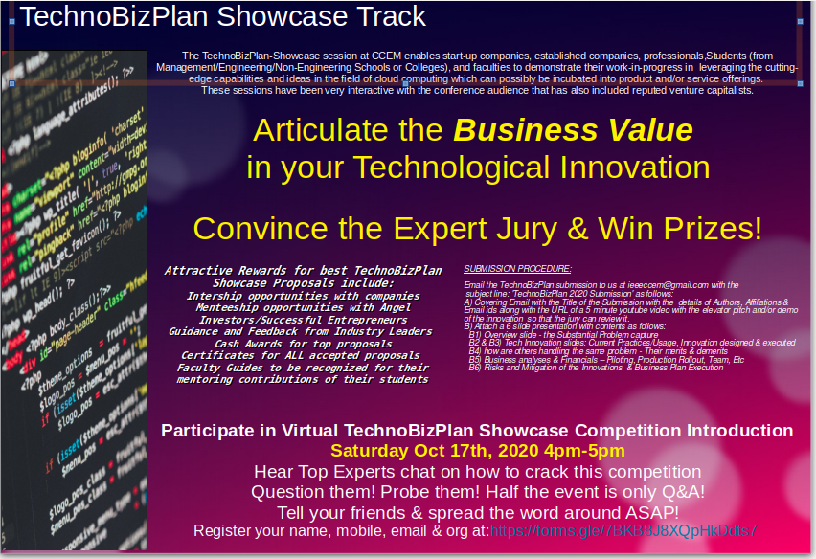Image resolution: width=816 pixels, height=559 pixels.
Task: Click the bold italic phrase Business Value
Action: (573, 130)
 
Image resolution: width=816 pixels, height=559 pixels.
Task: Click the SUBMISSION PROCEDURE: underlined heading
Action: (516, 269)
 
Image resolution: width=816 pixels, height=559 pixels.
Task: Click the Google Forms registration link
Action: (623, 530)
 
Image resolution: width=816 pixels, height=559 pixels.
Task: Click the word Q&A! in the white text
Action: (678, 491)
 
